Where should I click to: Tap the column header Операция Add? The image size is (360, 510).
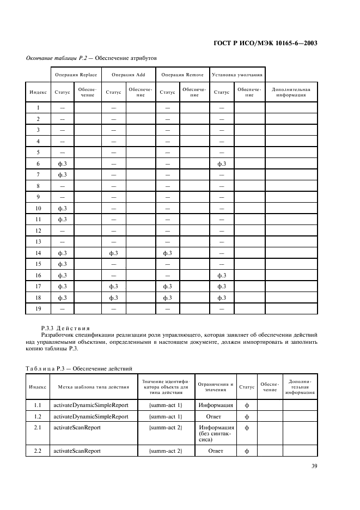coord(128,74)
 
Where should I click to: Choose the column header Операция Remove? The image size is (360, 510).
coord(182,74)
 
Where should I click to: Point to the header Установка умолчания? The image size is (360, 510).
coord(237,74)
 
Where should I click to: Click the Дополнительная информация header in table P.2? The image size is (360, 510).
coord(291,92)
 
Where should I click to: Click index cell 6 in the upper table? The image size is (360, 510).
coord(38,163)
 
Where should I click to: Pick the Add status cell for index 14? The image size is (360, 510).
coord(114,253)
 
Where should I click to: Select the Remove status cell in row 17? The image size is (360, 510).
coord(167,286)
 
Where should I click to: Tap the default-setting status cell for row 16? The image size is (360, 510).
coord(222,275)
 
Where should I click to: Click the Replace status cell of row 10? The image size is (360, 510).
coord(62,208)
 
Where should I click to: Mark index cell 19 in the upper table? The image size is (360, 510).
coord(38,308)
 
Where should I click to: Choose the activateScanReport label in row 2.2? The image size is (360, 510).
coord(76,451)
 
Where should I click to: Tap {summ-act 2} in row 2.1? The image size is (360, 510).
coord(165,427)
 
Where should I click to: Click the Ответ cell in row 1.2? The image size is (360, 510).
coord(216,416)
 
